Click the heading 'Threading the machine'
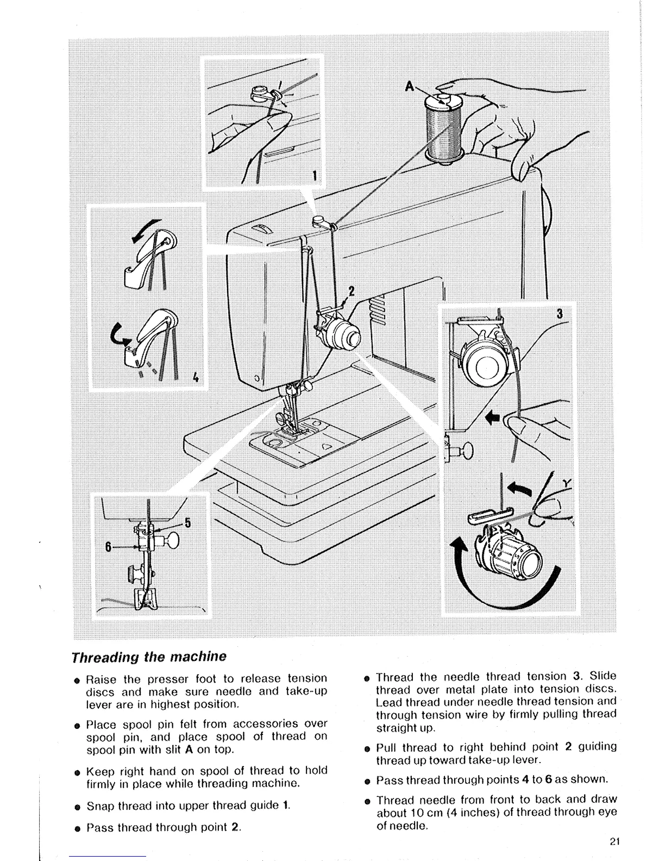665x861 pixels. [x=149, y=656]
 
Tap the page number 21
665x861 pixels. [x=614, y=843]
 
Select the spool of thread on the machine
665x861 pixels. [x=443, y=128]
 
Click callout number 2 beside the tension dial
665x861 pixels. [x=351, y=291]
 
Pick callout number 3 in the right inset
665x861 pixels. [x=560, y=314]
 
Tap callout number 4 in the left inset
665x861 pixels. [x=195, y=377]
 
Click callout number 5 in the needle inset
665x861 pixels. [x=187, y=523]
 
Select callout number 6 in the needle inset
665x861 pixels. [x=109, y=547]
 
